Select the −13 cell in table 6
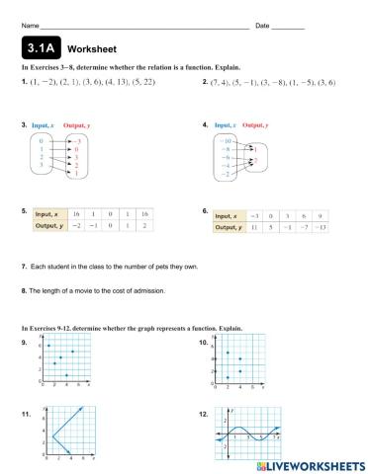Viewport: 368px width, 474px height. click(x=320, y=226)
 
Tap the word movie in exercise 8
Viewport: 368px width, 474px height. click(x=74, y=290)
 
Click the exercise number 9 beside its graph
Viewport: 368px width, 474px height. click(x=24, y=341)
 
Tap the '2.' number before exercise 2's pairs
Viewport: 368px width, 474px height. click(x=204, y=82)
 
